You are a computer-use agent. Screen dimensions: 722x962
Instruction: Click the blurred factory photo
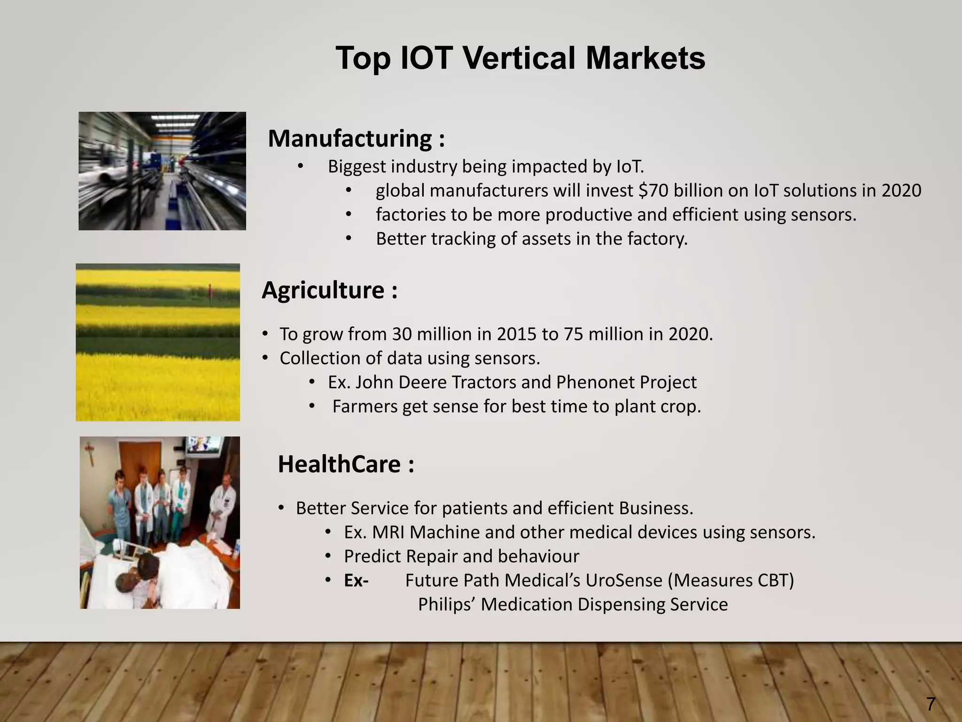coord(162,171)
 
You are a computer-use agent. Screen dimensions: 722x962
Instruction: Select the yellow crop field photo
coord(158,342)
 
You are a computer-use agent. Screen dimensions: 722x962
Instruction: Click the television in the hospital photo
coord(204,445)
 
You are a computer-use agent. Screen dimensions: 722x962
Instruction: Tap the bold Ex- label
coord(356,581)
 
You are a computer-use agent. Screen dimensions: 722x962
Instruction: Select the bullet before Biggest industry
coord(300,167)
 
